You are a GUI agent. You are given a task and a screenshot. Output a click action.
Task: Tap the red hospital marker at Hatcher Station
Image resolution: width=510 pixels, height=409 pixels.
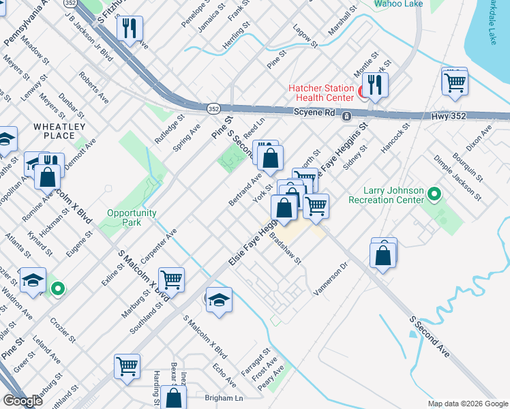click(366, 90)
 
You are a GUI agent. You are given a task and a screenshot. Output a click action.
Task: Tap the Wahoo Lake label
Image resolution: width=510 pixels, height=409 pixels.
click(398, 4)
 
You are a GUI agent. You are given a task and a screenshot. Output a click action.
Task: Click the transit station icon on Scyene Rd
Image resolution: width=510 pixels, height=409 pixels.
click(347, 116)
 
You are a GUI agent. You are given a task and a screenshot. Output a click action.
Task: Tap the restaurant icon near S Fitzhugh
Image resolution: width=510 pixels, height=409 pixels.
click(130, 29)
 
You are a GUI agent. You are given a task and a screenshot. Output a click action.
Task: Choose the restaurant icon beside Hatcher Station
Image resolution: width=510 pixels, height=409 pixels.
click(375, 85)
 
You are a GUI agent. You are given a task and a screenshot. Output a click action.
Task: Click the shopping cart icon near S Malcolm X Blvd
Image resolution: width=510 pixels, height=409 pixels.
click(171, 279)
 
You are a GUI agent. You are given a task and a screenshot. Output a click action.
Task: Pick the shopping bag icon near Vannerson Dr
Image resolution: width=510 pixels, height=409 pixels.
click(384, 254)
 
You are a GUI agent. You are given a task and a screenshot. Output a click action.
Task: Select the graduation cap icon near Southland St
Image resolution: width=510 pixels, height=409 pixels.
click(218, 300)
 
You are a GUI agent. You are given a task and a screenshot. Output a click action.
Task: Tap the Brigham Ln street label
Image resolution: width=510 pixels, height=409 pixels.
click(224, 397)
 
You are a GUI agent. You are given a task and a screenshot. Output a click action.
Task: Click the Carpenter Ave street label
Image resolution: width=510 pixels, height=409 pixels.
click(159, 248)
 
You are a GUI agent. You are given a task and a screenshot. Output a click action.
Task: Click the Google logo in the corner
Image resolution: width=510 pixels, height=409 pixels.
click(22, 401)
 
